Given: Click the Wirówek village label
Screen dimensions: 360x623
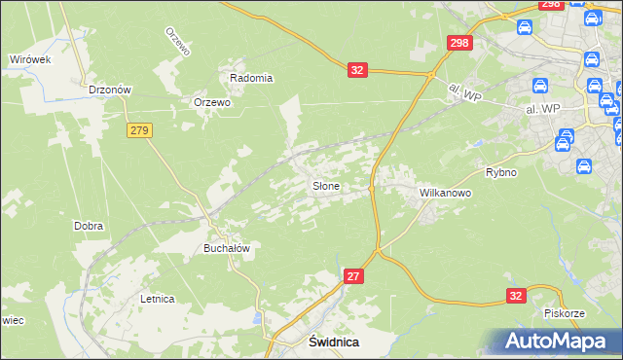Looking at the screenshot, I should click(x=30, y=59).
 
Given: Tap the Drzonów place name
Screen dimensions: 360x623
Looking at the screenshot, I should click(x=110, y=89).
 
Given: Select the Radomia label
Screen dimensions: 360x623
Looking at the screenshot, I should click(x=251, y=78).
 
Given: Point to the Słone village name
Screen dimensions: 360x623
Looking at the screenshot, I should click(x=325, y=185).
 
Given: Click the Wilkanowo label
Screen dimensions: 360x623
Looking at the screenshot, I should click(x=445, y=193).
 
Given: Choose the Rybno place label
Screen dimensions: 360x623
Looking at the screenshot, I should click(x=501, y=172).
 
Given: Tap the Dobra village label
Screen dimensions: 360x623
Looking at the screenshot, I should click(x=89, y=226).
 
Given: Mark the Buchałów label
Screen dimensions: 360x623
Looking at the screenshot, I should click(x=227, y=248).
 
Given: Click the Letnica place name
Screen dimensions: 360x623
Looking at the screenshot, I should click(x=157, y=299).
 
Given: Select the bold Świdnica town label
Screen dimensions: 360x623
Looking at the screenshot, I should click(x=334, y=342).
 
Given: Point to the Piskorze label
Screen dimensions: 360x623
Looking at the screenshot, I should click(x=565, y=313).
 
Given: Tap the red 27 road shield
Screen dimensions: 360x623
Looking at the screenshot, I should click(x=354, y=277).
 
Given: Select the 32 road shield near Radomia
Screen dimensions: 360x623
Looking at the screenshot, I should click(x=357, y=69).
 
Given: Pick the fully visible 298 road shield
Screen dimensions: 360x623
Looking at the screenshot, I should click(x=459, y=43).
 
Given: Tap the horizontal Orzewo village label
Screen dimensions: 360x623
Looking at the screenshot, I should click(x=211, y=102).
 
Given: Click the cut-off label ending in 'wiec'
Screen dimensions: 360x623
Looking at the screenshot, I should click(x=11, y=319).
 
